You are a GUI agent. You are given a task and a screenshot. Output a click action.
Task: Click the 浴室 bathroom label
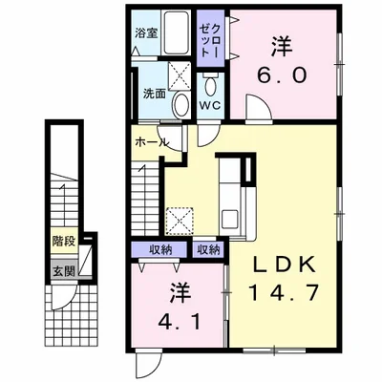[x=146, y=33]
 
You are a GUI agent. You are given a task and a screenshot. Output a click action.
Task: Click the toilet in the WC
[x=210, y=84]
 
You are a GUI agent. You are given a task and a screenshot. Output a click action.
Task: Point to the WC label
[x=210, y=106]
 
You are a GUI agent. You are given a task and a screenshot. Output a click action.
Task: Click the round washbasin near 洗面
[x=180, y=105]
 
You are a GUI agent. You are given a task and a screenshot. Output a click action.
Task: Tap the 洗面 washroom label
[x=154, y=94]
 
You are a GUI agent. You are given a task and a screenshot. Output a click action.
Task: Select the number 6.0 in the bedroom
[x=282, y=75]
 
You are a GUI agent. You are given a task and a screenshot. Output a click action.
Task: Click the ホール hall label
[x=152, y=142]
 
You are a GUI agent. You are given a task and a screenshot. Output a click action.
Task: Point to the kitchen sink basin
[x=229, y=219]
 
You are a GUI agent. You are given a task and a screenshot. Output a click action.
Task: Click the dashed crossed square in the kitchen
[x=180, y=222]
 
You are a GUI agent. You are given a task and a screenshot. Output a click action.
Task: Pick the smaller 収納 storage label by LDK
[x=208, y=250]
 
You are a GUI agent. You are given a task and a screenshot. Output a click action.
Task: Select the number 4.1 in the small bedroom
[x=180, y=322]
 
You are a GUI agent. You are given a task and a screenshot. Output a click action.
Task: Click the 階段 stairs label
[x=64, y=242]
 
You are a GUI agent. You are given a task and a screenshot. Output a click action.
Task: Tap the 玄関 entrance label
[x=64, y=271]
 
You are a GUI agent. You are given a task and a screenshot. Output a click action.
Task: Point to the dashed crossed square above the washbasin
[x=180, y=75]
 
